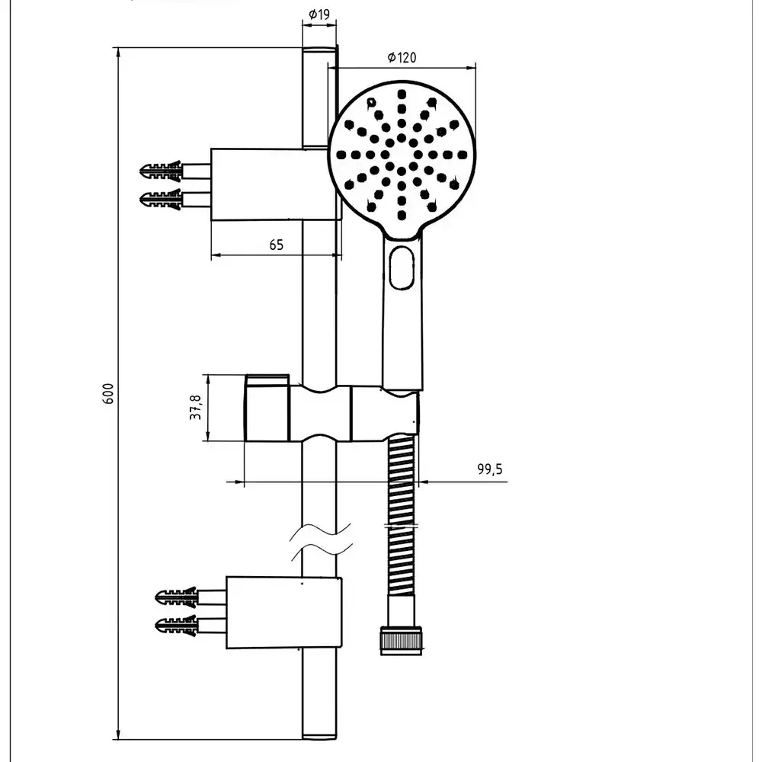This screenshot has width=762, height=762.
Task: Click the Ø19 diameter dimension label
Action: tap(319, 14)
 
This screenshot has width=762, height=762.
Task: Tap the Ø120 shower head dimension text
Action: tap(402, 58)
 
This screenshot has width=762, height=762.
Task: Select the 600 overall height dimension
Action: tap(108, 393)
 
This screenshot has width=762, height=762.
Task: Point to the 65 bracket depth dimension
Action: tap(276, 245)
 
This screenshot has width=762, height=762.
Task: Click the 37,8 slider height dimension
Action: tap(196, 408)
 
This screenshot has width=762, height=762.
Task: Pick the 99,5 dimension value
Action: tap(490, 469)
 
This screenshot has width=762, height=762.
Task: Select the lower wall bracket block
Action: tap(283, 613)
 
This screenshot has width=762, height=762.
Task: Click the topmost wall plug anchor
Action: tap(162, 169)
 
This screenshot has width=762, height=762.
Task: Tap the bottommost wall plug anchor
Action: tap(176, 627)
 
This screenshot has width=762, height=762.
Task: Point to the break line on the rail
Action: tap(321, 539)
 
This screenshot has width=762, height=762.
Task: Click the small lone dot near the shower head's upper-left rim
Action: tap(371, 101)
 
